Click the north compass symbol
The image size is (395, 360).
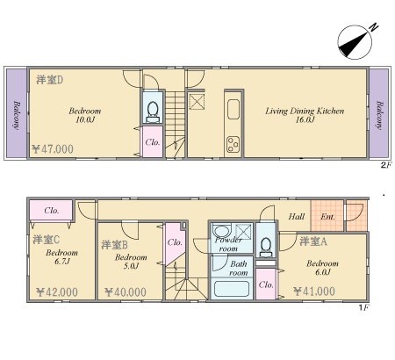click(x=355, y=42)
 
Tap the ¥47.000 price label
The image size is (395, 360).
click(x=53, y=149)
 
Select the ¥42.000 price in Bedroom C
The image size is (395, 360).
click(x=57, y=292)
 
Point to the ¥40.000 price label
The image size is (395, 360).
click(x=126, y=292)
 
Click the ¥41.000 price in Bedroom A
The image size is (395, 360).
click(x=314, y=292)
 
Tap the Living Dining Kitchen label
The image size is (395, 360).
click(x=305, y=111)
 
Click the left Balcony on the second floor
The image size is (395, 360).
click(x=17, y=113)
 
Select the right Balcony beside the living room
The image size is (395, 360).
click(x=379, y=113)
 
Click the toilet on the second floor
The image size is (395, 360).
click(x=153, y=112)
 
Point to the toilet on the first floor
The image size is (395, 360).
click(x=266, y=248)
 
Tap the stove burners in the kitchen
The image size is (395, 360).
click(x=233, y=145)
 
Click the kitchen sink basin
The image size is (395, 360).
click(x=233, y=109)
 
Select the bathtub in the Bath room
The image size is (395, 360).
click(x=232, y=289)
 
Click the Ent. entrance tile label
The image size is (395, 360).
click(x=327, y=217)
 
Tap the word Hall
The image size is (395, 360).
click(x=297, y=217)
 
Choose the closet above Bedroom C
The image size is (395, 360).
click(x=51, y=210)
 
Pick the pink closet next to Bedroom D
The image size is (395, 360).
click(x=153, y=141)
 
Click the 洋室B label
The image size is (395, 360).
click(x=114, y=245)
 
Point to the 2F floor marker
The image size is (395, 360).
click(x=385, y=165)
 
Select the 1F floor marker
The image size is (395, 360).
click(x=363, y=307)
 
